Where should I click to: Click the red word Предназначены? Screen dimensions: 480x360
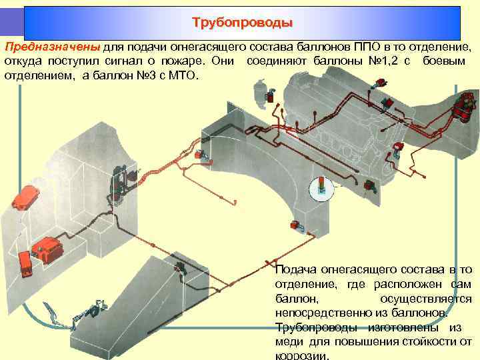click(53, 48)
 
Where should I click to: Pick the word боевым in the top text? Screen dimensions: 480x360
click(448, 62)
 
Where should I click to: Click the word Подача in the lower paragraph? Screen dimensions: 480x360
click(296, 270)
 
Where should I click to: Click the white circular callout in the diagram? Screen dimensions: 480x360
click(323, 187)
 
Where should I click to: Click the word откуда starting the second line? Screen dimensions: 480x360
click(23, 62)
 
